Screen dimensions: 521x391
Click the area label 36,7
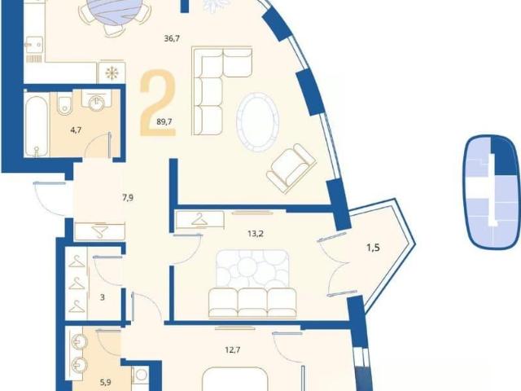[x=172, y=38]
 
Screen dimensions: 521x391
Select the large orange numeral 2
[x=157, y=103]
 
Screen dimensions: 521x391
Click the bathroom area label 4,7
[x=76, y=130]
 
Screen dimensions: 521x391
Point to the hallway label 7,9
[x=128, y=198]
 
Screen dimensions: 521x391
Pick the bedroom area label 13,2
[x=255, y=234]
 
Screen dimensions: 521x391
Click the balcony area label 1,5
[x=373, y=248]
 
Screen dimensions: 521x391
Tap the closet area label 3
[x=103, y=297]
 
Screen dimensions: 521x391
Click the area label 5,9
[x=105, y=382]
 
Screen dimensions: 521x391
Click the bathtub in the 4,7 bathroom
[x=36, y=126]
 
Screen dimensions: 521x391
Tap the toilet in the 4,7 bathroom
[x=63, y=103]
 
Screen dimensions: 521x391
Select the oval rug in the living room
[x=257, y=122]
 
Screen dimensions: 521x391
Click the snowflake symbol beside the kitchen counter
[x=111, y=72]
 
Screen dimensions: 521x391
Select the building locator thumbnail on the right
[x=493, y=192]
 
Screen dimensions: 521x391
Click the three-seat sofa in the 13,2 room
[x=252, y=303]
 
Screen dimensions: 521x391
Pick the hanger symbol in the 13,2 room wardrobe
[x=199, y=220]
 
